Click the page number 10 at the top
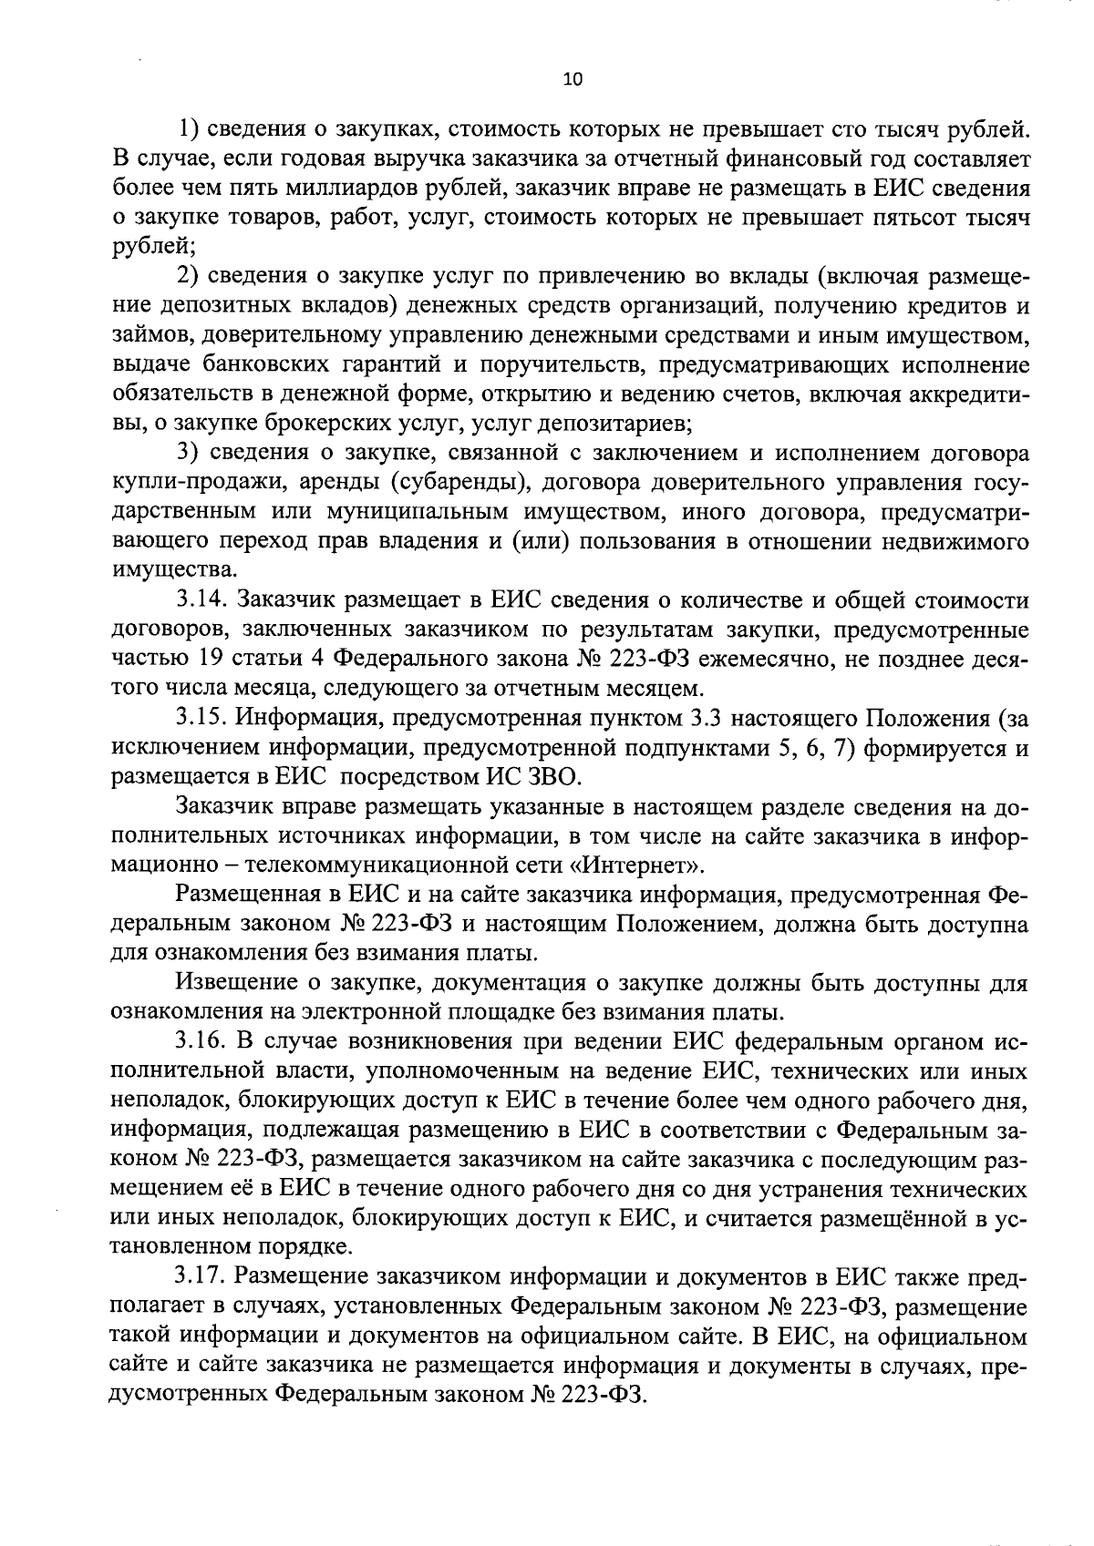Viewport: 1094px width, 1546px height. click(x=573, y=79)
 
